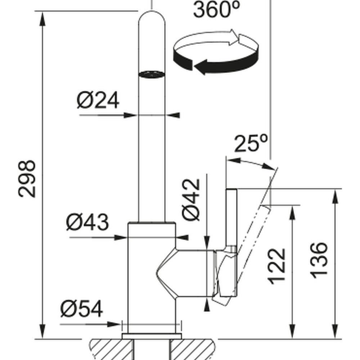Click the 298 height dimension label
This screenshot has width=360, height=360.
coord(27,179)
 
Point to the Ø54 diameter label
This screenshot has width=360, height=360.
coord(82,309)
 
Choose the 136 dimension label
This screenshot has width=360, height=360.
coord(319,260)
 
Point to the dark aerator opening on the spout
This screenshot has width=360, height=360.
coord(152,74)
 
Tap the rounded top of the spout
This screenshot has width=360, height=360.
coord(152,16)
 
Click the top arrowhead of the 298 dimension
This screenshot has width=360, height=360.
coord(43,18)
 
